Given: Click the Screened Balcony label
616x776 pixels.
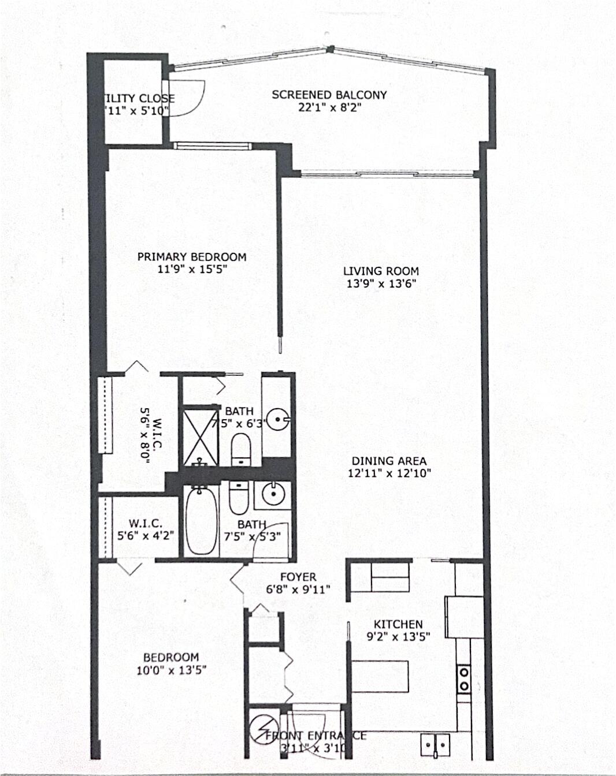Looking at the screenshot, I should [x=329, y=95].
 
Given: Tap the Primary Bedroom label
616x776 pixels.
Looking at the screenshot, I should [x=191, y=257].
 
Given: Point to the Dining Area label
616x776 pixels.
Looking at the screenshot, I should [x=389, y=461].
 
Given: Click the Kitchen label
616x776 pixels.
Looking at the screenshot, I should [x=398, y=624].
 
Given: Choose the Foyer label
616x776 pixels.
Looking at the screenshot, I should [x=298, y=577].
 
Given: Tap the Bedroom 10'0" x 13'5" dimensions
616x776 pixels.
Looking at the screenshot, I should [x=171, y=670].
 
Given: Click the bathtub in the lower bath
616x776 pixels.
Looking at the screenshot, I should [x=202, y=521].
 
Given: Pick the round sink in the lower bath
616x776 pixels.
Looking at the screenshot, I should [x=271, y=494].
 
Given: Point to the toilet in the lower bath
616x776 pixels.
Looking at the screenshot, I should [x=238, y=498].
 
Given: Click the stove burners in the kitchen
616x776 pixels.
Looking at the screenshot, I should [x=463, y=679].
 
